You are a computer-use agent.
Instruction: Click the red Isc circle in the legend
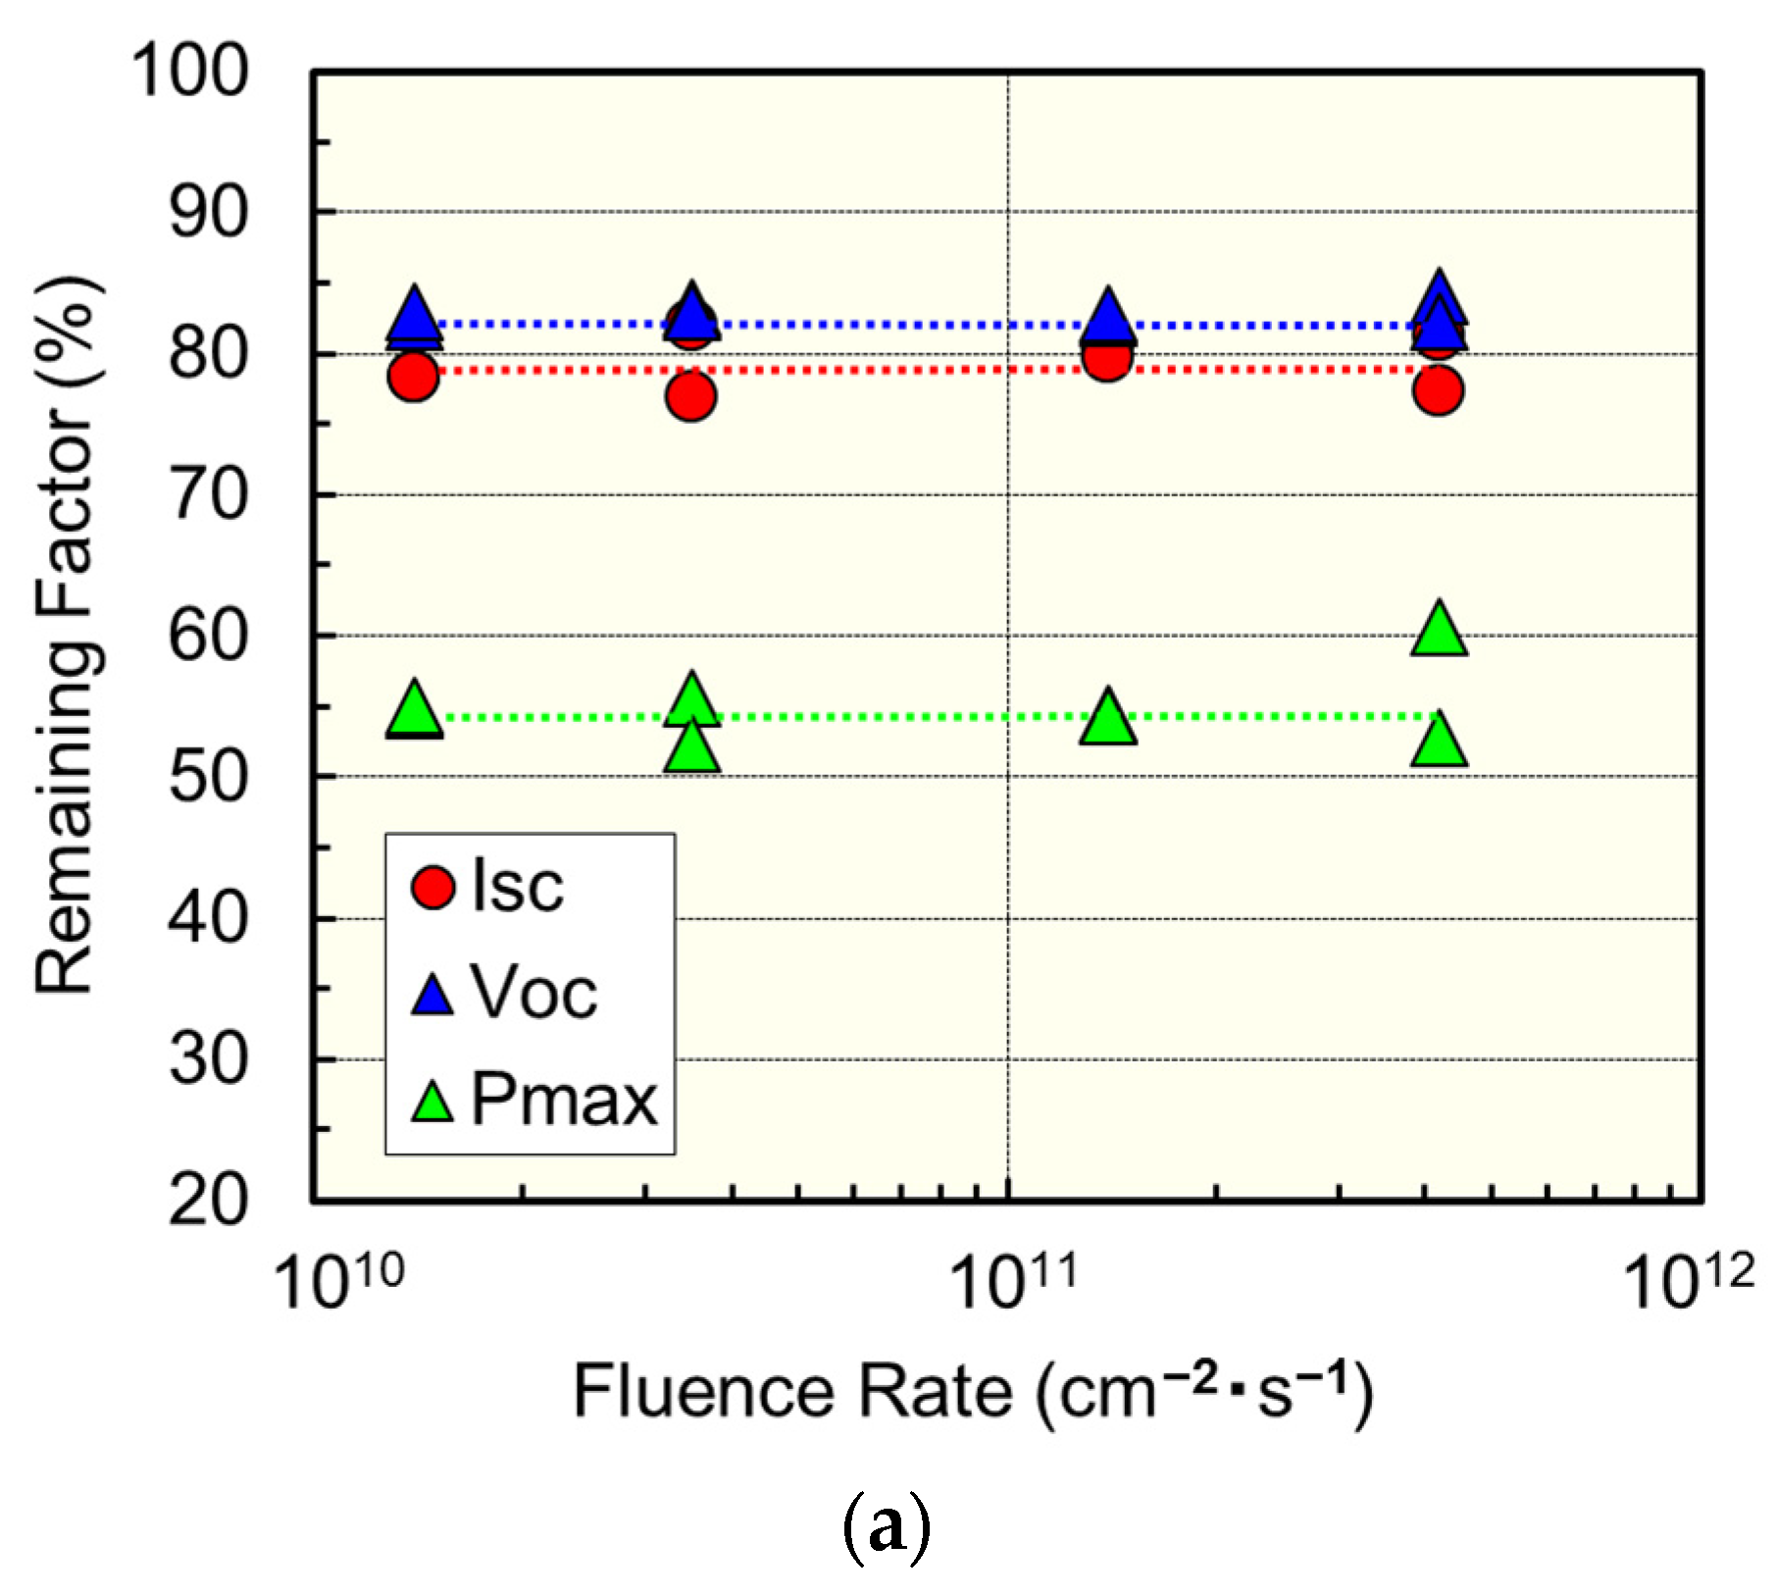click(432, 887)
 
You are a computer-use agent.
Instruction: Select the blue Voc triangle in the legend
click(432, 996)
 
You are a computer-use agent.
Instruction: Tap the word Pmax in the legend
click(564, 1100)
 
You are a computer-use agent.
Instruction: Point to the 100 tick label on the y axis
click(189, 72)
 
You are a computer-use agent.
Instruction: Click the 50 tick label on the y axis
click(207, 778)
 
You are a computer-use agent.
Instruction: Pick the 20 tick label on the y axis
click(207, 1201)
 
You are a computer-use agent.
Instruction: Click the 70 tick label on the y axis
click(207, 495)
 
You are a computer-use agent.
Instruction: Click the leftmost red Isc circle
click(413, 377)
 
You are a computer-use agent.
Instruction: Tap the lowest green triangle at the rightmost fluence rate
click(1439, 744)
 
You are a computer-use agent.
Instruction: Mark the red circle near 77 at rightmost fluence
click(1439, 390)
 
